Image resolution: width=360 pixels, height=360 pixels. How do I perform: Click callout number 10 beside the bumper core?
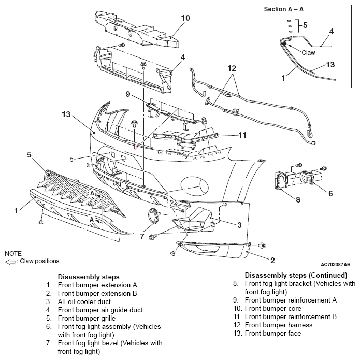(185, 18)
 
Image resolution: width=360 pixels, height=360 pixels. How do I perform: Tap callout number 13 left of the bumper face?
(66, 114)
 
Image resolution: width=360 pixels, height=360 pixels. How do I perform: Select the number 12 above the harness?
(232, 68)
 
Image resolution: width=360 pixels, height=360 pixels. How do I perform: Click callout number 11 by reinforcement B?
(242, 135)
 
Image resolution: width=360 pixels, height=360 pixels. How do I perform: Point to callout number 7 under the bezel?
(142, 236)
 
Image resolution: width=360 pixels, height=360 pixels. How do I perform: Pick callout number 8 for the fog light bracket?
(298, 199)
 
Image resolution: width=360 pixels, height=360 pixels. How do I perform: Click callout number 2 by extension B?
(272, 260)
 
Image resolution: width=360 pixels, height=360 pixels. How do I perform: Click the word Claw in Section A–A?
(308, 53)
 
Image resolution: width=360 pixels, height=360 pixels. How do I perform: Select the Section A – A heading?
(284, 9)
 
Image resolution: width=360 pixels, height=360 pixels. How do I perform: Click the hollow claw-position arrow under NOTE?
(10, 262)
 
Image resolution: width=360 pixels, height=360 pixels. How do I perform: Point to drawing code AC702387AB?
(336, 265)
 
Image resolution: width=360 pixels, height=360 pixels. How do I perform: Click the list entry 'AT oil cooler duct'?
(84, 301)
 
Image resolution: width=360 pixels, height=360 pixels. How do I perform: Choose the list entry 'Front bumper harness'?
(279, 325)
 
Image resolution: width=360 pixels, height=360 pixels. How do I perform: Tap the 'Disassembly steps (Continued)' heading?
(296, 275)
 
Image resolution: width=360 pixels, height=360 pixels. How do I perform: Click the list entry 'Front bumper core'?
(273, 308)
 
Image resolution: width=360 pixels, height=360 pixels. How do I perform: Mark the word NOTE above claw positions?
(13, 253)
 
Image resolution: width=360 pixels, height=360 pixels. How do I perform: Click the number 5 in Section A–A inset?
(305, 25)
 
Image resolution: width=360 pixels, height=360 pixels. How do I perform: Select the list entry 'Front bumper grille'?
(87, 318)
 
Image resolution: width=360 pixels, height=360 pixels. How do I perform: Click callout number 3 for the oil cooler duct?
(239, 225)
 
